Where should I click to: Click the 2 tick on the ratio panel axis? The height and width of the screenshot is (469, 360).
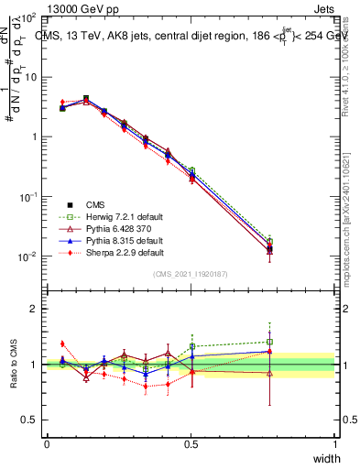point(34,309)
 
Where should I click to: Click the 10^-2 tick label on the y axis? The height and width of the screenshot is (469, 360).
point(27,256)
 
